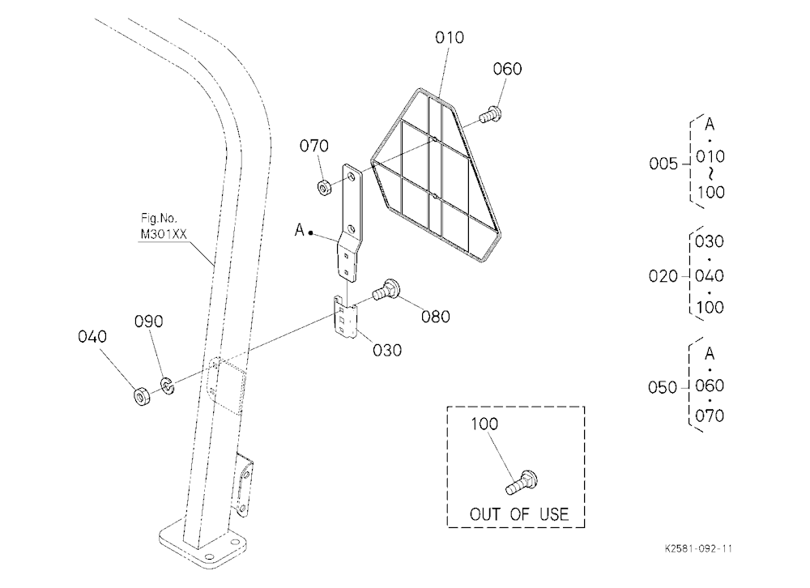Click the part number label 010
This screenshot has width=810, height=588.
point(450,37)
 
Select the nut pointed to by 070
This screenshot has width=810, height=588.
point(325,188)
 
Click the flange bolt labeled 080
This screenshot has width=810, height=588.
point(385,290)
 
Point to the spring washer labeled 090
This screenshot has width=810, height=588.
point(168,386)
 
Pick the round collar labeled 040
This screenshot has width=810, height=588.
point(142,396)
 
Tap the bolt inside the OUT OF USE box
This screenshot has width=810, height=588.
point(521,483)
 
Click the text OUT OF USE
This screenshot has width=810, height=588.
point(518,514)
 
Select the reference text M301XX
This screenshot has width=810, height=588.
point(164,234)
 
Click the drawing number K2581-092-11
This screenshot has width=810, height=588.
point(698,549)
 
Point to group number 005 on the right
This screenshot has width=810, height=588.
point(663,164)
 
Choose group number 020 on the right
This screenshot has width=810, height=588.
point(663,276)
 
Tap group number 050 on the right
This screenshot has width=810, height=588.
point(663,387)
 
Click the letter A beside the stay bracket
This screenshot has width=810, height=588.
point(300,229)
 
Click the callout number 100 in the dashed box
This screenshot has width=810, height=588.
point(484,424)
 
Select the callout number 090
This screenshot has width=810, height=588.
point(149,322)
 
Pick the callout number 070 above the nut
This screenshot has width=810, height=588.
point(314,146)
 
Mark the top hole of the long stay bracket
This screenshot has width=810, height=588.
point(352,177)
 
